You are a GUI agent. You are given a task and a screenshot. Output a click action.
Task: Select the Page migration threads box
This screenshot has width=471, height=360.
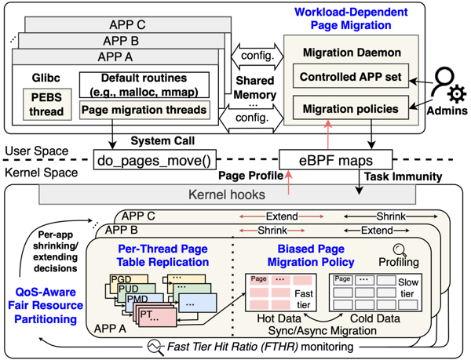pyautogui.click(x=146, y=110)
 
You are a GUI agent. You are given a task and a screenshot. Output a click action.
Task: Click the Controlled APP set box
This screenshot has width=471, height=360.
pyautogui.click(x=352, y=78)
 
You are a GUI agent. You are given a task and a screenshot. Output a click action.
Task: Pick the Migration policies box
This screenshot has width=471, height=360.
pyautogui.click(x=352, y=109)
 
